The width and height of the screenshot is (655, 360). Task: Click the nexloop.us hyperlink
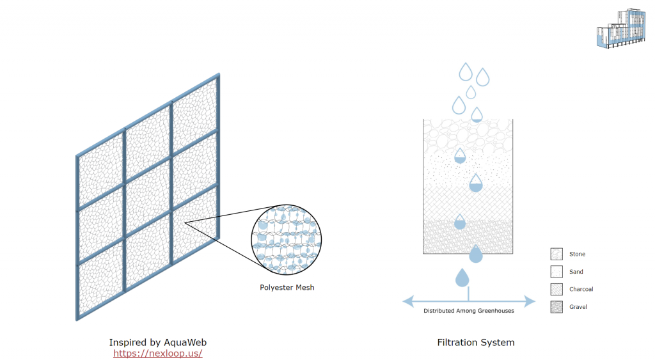tap(158, 353)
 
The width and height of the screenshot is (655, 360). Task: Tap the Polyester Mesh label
tap(287, 288)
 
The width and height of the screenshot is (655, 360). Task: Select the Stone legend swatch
tap(556, 254)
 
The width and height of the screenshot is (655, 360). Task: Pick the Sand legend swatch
tap(556, 272)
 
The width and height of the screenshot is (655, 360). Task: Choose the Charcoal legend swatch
tap(556, 289)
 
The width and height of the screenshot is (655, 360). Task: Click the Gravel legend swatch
tap(556, 307)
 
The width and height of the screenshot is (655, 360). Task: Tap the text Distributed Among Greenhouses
tap(469, 311)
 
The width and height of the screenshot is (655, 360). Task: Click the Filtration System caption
tap(475, 343)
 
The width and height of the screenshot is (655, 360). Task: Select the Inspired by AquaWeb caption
tap(158, 342)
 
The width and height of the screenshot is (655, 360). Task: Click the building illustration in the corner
tap(619, 28)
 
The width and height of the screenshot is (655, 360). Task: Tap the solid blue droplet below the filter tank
tap(462, 278)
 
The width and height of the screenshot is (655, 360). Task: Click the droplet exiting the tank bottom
tap(475, 254)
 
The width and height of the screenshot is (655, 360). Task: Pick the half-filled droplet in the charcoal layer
tap(475, 184)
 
